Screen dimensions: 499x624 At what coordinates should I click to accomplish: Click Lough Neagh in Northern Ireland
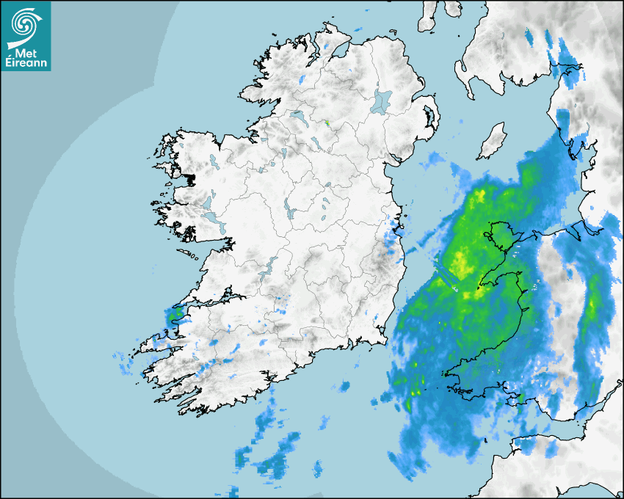pyautogui.click(x=382, y=101)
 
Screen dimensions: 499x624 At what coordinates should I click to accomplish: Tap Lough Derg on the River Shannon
pyautogui.click(x=269, y=266)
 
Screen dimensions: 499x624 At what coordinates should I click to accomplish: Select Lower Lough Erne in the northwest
pyautogui.click(x=298, y=116)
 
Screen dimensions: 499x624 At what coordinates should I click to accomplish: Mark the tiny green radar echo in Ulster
pyautogui.click(x=328, y=123)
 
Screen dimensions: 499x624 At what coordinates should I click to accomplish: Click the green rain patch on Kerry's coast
pyautogui.click(x=175, y=316)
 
